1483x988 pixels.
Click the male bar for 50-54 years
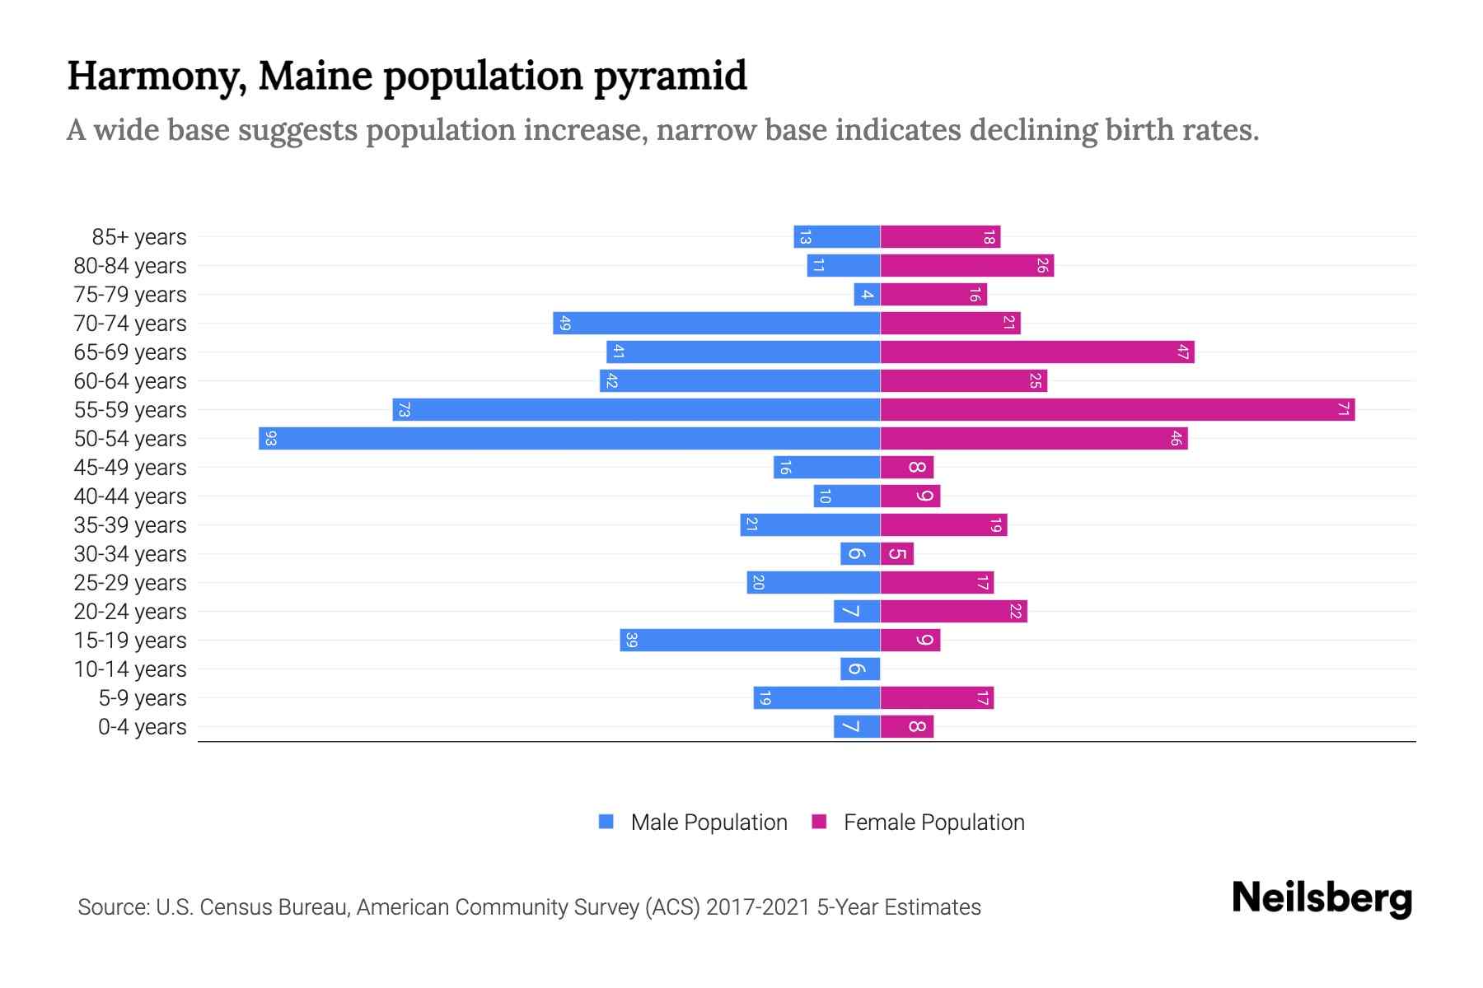point(568,438)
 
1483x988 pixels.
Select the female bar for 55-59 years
point(1117,409)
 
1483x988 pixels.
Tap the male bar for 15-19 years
point(750,640)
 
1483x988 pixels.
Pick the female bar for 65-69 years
point(1037,352)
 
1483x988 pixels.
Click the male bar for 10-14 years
point(860,669)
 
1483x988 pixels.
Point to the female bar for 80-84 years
point(967,265)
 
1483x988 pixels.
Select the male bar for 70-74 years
point(717,323)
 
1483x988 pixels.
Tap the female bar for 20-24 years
point(954,611)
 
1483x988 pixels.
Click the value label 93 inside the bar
point(270,438)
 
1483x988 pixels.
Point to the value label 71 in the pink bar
point(1343,409)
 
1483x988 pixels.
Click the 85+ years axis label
point(138,237)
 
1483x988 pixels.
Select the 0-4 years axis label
point(142,727)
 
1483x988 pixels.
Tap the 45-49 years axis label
point(130,468)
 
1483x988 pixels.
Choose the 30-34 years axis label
point(130,554)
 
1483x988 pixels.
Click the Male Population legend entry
point(709,823)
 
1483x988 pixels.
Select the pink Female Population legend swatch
point(819,822)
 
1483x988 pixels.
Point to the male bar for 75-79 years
point(867,294)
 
